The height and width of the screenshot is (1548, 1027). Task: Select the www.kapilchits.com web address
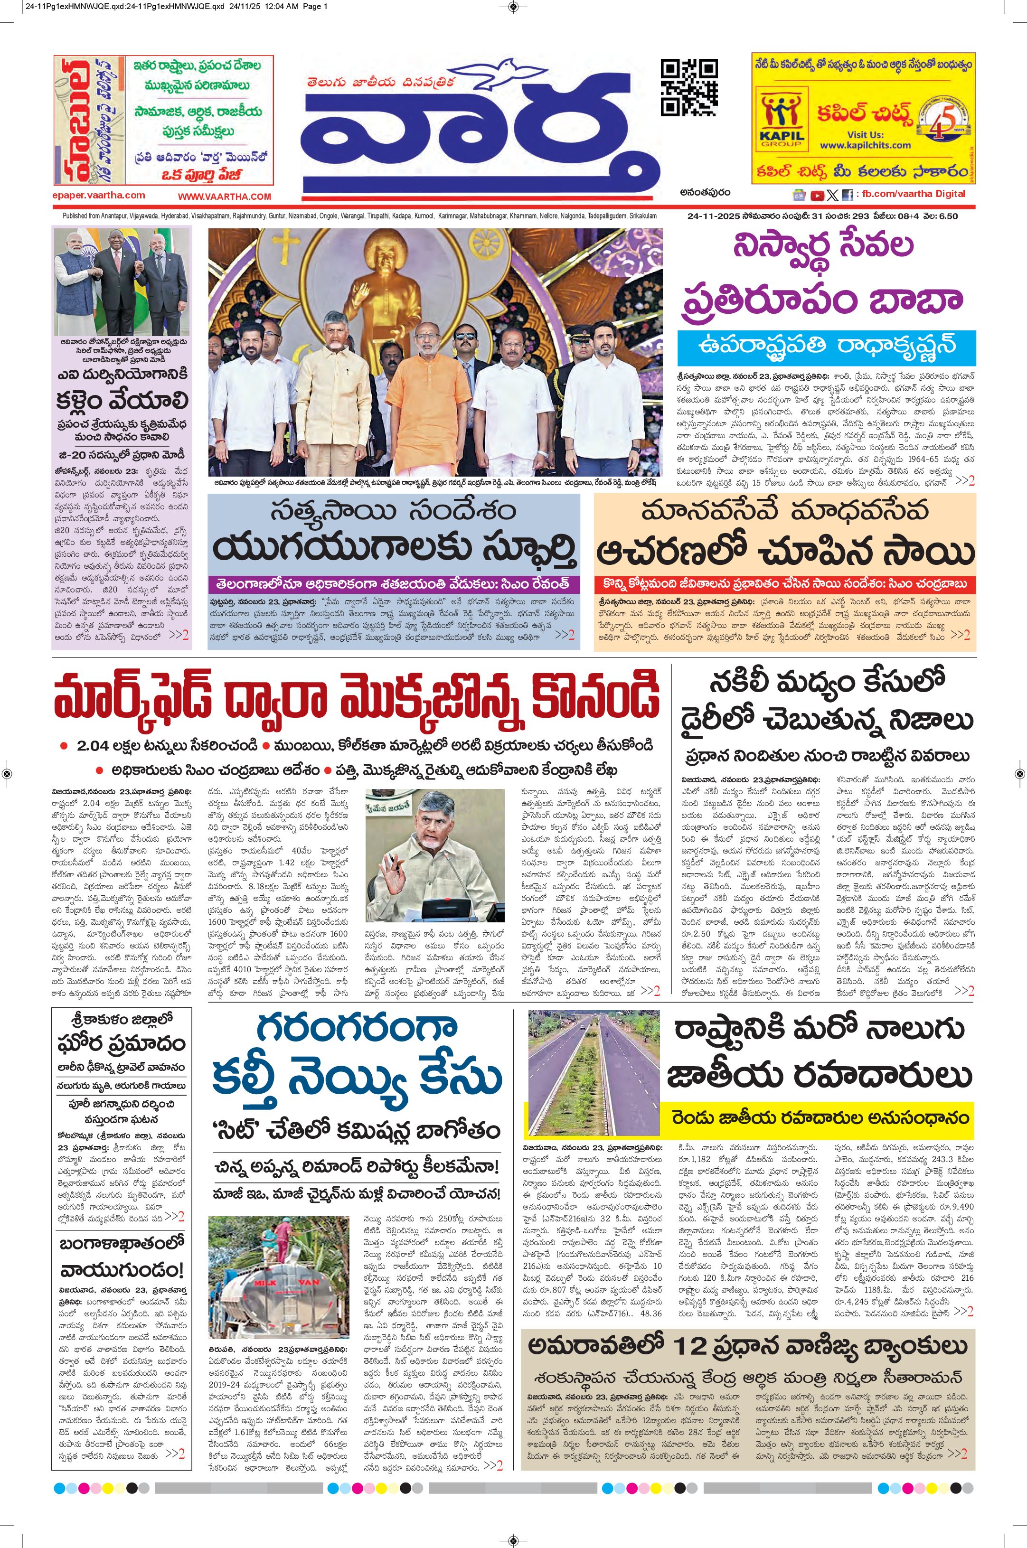[x=865, y=145]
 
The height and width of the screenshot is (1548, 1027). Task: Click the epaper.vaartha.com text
[x=99, y=195]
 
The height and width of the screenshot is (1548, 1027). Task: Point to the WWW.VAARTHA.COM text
[x=224, y=197]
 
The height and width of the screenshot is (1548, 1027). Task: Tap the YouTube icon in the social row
[x=817, y=195]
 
